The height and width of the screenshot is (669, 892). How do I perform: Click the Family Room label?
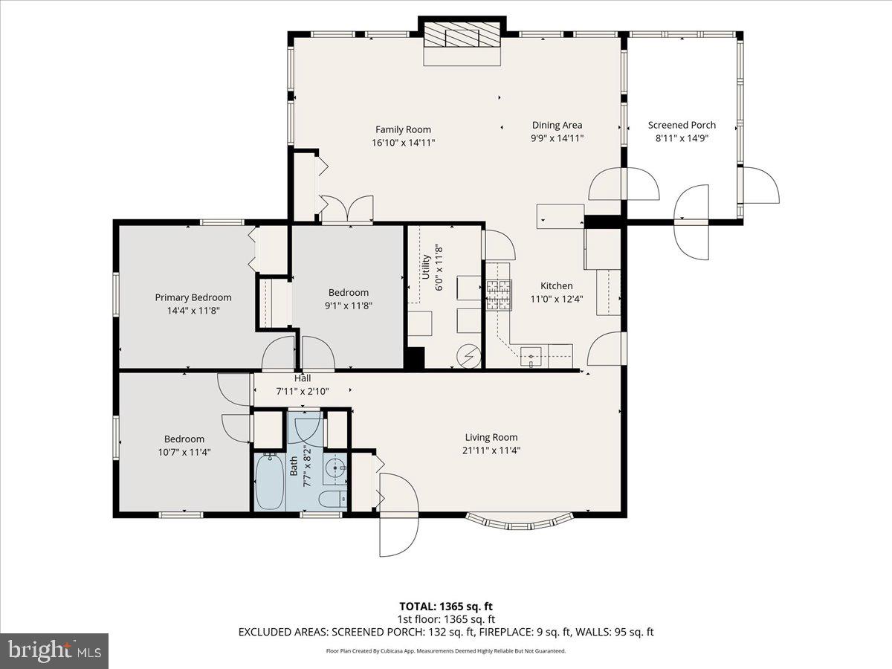403,129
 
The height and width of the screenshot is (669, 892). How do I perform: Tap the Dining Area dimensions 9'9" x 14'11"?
557,138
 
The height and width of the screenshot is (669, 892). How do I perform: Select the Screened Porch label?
682,125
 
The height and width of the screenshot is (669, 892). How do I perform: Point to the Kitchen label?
556,285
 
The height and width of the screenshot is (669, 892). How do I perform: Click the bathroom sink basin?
336,469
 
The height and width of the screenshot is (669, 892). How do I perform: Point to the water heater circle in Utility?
468,356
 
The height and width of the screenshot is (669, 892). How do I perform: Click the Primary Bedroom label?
193,297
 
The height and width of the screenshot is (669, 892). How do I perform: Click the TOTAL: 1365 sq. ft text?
446,605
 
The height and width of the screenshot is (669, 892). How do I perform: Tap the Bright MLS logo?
54,651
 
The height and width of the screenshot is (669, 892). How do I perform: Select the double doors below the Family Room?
346,208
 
